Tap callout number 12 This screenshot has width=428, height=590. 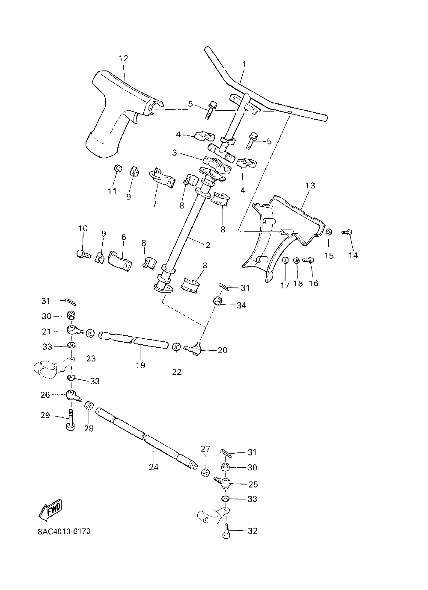click(x=123, y=59)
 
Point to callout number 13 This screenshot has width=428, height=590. click(x=310, y=186)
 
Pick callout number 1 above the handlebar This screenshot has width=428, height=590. click(x=244, y=64)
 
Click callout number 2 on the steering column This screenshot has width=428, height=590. click(x=208, y=245)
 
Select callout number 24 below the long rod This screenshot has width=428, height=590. click(x=154, y=467)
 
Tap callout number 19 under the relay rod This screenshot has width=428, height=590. click(x=140, y=365)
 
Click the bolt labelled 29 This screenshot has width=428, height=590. click(x=70, y=422)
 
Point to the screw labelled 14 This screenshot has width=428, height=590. click(x=347, y=232)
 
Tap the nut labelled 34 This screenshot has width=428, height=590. click(x=218, y=301)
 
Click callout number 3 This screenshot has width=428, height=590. click(x=175, y=153)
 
